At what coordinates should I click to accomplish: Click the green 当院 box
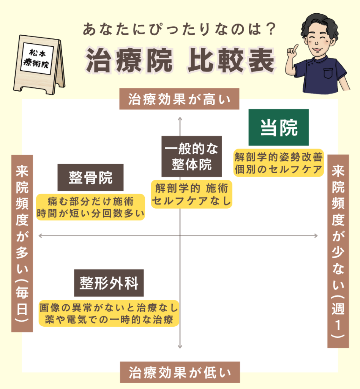coord(278,127)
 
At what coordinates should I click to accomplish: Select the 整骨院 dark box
coord(90,177)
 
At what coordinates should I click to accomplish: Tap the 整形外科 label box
coord(109,283)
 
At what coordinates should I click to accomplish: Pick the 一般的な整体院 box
coord(191,156)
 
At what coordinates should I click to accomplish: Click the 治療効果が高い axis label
coord(179,99)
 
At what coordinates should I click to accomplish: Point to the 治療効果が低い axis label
coord(180,372)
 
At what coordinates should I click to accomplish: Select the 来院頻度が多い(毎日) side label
coord(22,244)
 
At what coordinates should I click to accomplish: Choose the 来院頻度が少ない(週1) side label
coord(338,251)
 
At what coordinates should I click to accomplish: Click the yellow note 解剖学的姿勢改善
coord(279,157)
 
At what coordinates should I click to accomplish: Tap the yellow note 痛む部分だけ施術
coord(90,201)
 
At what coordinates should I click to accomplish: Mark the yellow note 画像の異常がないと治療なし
coord(109,308)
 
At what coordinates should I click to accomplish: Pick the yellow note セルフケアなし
coord(191,201)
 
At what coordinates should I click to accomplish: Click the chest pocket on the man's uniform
coord(328,73)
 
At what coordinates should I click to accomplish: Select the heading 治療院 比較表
coord(180,60)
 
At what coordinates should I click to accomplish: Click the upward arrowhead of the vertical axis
coord(180,119)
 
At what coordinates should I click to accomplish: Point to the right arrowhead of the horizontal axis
coord(316,236)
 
